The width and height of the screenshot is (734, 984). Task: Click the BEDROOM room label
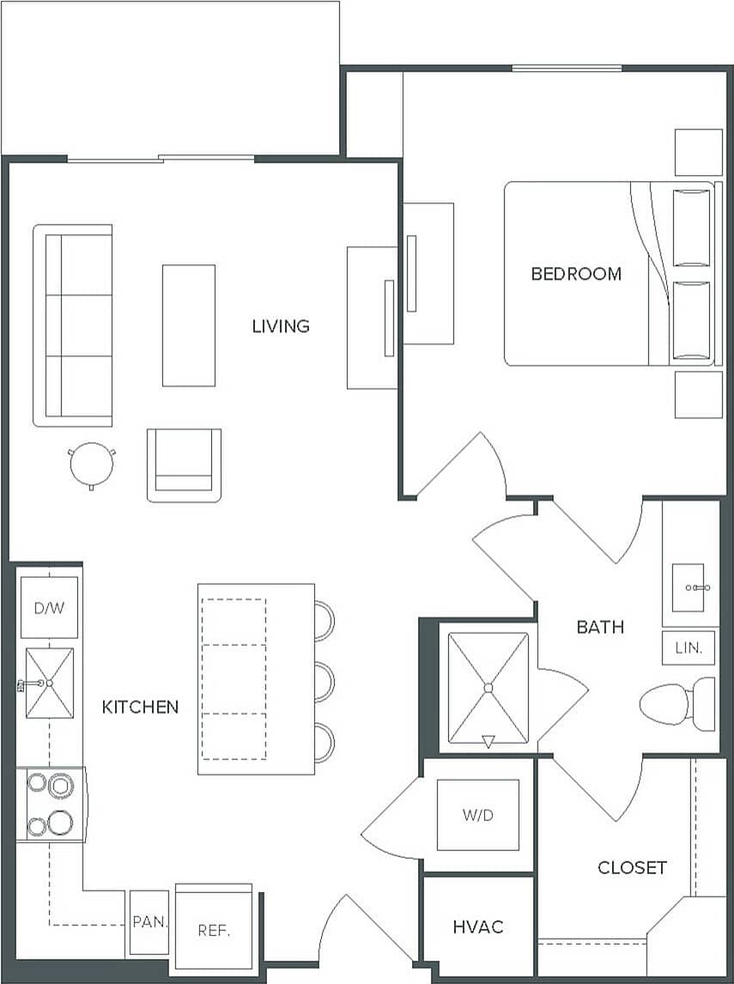click(576, 274)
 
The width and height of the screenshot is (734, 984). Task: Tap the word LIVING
click(281, 326)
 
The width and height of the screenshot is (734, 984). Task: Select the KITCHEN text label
click(141, 707)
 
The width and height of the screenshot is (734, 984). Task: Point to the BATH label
click(600, 627)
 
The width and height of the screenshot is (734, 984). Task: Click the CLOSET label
click(632, 867)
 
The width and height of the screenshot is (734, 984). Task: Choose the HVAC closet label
click(478, 926)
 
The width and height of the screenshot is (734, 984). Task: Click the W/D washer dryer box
click(478, 815)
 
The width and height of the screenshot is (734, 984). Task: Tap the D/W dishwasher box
click(48, 608)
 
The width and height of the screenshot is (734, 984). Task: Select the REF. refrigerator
click(214, 929)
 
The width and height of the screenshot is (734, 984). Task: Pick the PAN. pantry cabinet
click(149, 923)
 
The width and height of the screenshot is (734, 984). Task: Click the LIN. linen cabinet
click(689, 647)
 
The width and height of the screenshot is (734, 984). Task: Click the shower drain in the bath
click(488, 688)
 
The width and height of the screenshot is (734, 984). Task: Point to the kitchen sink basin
click(49, 683)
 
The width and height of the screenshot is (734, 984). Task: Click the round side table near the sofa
click(91, 465)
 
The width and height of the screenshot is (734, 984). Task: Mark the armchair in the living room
click(184, 465)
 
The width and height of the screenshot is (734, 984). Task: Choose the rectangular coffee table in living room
click(189, 325)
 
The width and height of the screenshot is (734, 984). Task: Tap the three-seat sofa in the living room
click(74, 325)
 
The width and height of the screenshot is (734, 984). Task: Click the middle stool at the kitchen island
click(324, 682)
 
